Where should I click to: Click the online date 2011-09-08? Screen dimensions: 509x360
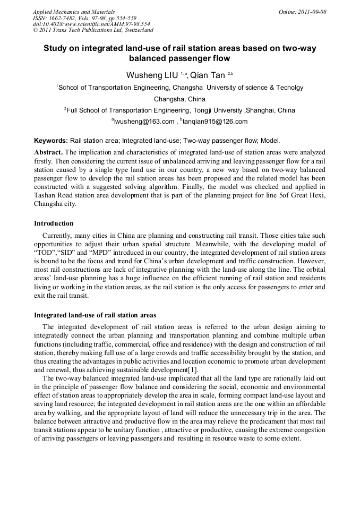click(x=312, y=11)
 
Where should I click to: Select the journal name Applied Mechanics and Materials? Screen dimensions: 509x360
click(x=74, y=11)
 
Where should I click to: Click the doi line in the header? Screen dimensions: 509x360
click(x=91, y=24)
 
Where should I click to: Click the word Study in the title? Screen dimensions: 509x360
click(x=56, y=48)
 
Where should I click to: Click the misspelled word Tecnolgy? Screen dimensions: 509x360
click(x=290, y=88)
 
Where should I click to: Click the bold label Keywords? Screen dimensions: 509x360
click(x=51, y=141)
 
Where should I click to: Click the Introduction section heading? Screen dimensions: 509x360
click(x=54, y=223)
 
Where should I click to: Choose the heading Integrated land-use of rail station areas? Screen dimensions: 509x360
click(x=95, y=315)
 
